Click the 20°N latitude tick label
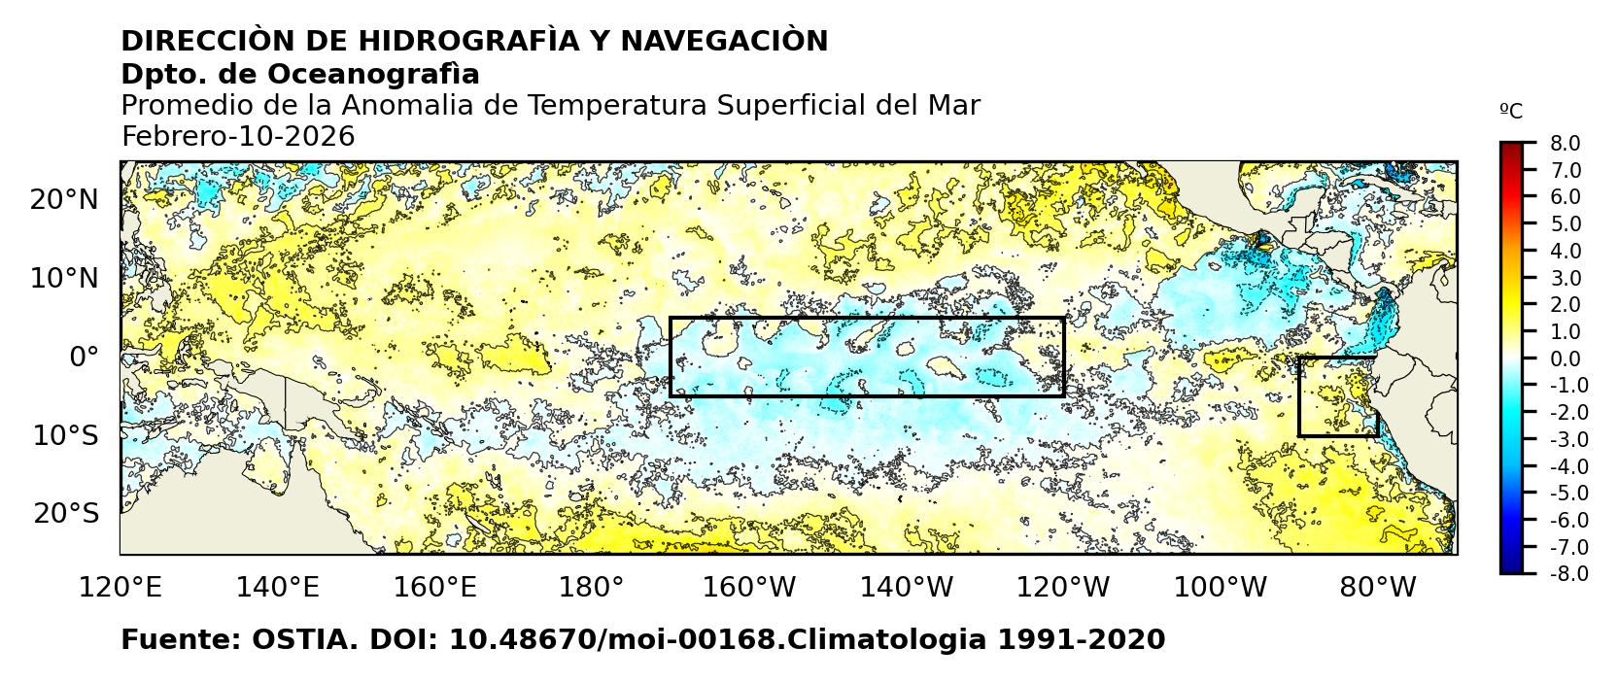tap(64, 200)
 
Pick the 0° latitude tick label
tap(84, 358)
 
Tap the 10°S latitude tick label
tap(65, 435)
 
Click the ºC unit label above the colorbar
tap(1511, 112)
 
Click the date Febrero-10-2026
tap(238, 137)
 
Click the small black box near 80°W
tap(1338, 396)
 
